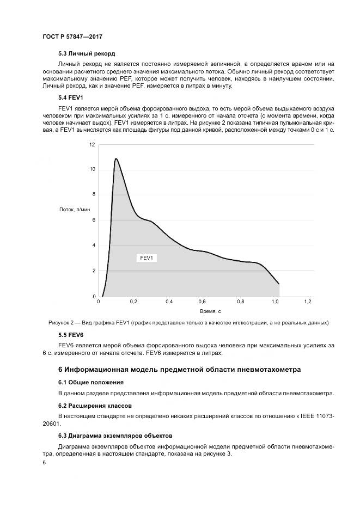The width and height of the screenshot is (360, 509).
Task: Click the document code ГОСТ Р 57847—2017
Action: [x=72, y=36]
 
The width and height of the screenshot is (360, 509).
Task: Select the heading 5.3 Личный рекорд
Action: [x=87, y=53]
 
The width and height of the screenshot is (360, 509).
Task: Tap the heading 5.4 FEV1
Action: [x=70, y=97]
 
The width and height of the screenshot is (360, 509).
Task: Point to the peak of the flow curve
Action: [x=115, y=158]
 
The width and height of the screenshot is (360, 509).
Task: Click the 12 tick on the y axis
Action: [x=92, y=144]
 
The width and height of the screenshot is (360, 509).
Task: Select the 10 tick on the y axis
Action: [x=92, y=169]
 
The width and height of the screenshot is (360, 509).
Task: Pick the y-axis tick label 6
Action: [x=93, y=220]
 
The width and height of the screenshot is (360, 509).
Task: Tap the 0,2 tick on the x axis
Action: [x=133, y=302]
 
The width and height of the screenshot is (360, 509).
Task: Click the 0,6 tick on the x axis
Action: [x=202, y=302]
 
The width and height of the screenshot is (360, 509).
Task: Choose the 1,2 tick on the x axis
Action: [x=308, y=302]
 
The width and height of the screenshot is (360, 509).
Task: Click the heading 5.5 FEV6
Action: [x=71, y=334]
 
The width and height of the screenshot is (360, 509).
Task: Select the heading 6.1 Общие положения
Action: [x=91, y=382]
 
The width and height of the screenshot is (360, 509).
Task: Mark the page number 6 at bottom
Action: [x=44, y=462]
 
